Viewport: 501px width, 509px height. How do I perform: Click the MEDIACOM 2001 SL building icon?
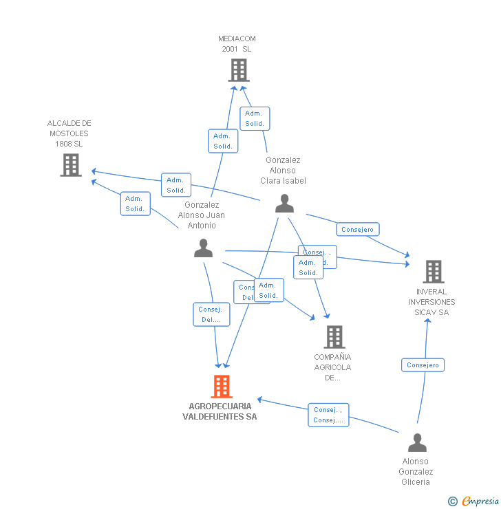[239, 70]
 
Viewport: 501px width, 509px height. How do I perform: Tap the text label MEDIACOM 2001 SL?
[237, 44]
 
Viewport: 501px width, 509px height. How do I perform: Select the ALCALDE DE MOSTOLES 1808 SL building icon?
[71, 165]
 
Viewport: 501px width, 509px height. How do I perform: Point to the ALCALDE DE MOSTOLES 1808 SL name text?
[69, 133]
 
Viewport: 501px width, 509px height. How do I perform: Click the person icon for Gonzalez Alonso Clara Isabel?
[284, 204]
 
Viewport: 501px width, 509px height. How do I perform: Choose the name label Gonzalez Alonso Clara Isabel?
[283, 171]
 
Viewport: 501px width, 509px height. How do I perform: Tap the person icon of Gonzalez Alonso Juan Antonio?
[203, 248]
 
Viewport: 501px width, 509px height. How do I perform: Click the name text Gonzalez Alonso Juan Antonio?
[202, 215]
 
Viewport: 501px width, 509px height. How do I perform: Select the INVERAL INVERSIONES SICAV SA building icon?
[433, 272]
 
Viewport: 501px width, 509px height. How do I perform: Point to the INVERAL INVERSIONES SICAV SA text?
[431, 302]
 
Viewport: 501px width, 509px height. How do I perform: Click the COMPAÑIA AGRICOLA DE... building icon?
[334, 337]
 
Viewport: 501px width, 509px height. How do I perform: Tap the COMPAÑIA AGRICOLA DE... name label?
[332, 367]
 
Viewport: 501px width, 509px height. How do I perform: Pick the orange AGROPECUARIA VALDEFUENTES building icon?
[221, 387]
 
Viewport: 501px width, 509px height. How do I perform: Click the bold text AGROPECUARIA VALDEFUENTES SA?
[220, 411]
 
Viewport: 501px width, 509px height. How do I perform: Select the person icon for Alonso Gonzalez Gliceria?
[417, 442]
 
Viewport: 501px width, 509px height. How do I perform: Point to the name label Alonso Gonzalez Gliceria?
[416, 471]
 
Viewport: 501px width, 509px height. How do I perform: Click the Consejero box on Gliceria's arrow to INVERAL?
[423, 365]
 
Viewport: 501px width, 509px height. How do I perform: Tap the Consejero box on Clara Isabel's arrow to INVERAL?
[357, 230]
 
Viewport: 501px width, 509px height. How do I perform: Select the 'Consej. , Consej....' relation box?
[328, 415]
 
